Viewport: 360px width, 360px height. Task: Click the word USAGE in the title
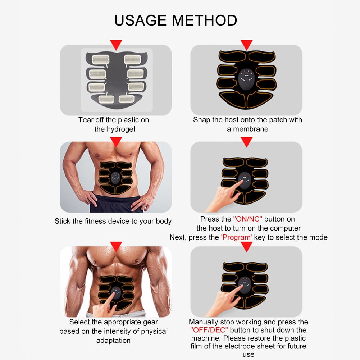point(140,20)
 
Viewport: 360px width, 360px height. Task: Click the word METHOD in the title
point(205,20)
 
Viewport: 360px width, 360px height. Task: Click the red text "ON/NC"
point(247,219)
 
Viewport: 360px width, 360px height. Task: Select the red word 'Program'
point(237,237)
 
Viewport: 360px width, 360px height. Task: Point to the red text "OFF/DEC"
point(209,330)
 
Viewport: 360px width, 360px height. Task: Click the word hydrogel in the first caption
point(115,129)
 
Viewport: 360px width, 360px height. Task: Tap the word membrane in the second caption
point(251,129)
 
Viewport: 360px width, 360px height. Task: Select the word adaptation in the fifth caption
point(113,340)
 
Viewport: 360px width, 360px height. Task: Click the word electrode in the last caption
point(238,346)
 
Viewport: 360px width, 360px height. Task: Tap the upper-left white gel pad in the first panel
point(101,60)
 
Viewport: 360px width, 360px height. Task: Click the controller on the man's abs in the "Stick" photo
point(115,178)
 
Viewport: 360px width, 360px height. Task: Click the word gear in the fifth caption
point(150,322)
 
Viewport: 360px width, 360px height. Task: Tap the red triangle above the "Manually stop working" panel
point(247,247)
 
